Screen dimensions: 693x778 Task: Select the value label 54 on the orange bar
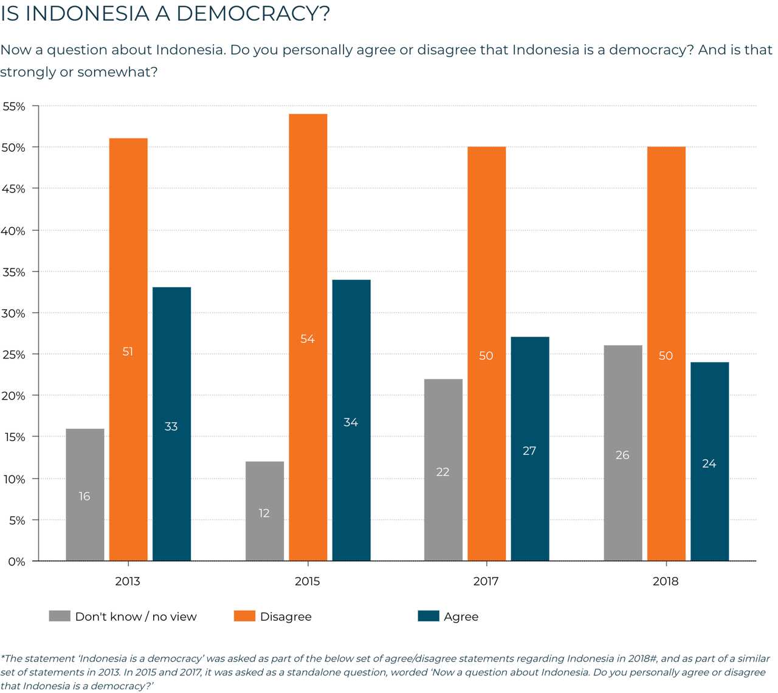point(308,339)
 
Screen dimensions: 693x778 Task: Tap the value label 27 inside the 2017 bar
point(529,451)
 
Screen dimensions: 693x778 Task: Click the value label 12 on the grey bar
point(264,513)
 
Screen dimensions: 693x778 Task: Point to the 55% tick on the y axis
point(14,106)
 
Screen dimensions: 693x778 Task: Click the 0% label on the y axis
point(16,562)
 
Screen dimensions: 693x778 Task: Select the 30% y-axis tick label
point(14,313)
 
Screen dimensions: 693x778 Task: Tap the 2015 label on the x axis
point(308,581)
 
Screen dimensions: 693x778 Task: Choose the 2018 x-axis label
point(666,581)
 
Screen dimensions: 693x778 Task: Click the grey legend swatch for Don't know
point(60,616)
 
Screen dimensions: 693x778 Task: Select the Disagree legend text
point(286,616)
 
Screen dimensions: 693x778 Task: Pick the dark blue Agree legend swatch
point(429,616)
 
